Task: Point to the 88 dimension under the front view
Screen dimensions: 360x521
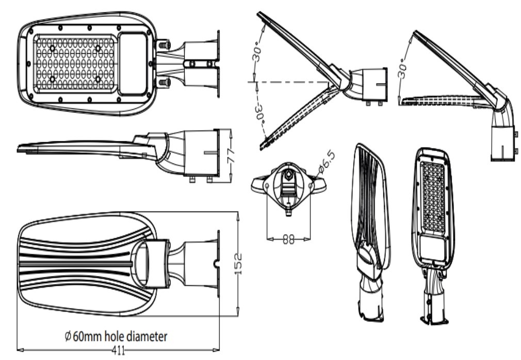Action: (x=289, y=239)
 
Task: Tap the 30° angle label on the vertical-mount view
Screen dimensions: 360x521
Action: (x=403, y=66)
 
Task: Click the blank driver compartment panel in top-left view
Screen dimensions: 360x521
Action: (x=134, y=63)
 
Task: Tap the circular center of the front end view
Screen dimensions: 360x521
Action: (x=289, y=175)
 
